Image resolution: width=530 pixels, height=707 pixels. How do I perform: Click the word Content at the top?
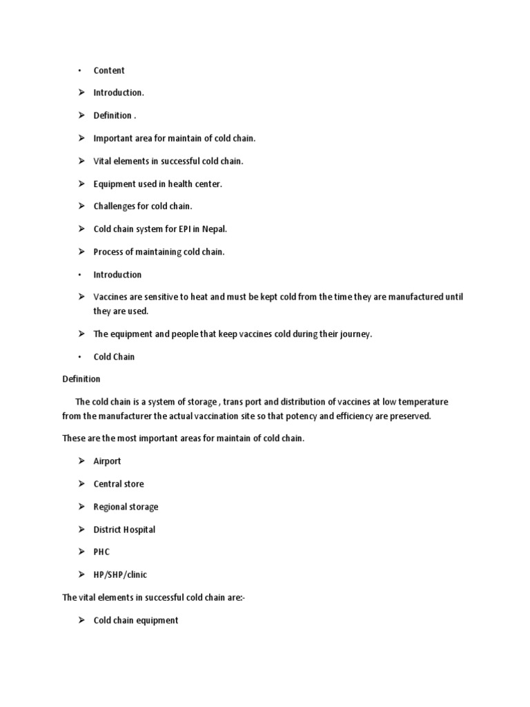(109, 70)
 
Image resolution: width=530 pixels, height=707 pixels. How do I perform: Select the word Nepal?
(213, 229)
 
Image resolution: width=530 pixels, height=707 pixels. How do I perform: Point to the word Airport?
(107, 461)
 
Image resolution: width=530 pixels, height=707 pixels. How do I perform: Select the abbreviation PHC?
(101, 552)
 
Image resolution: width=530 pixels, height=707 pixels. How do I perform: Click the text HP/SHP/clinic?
(120, 575)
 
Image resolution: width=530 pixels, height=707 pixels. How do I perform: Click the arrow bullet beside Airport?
(81, 461)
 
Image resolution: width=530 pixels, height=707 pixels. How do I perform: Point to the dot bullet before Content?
(80, 71)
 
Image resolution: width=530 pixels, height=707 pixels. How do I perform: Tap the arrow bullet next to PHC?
(81, 552)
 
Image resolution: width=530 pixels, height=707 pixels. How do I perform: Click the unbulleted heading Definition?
(81, 379)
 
